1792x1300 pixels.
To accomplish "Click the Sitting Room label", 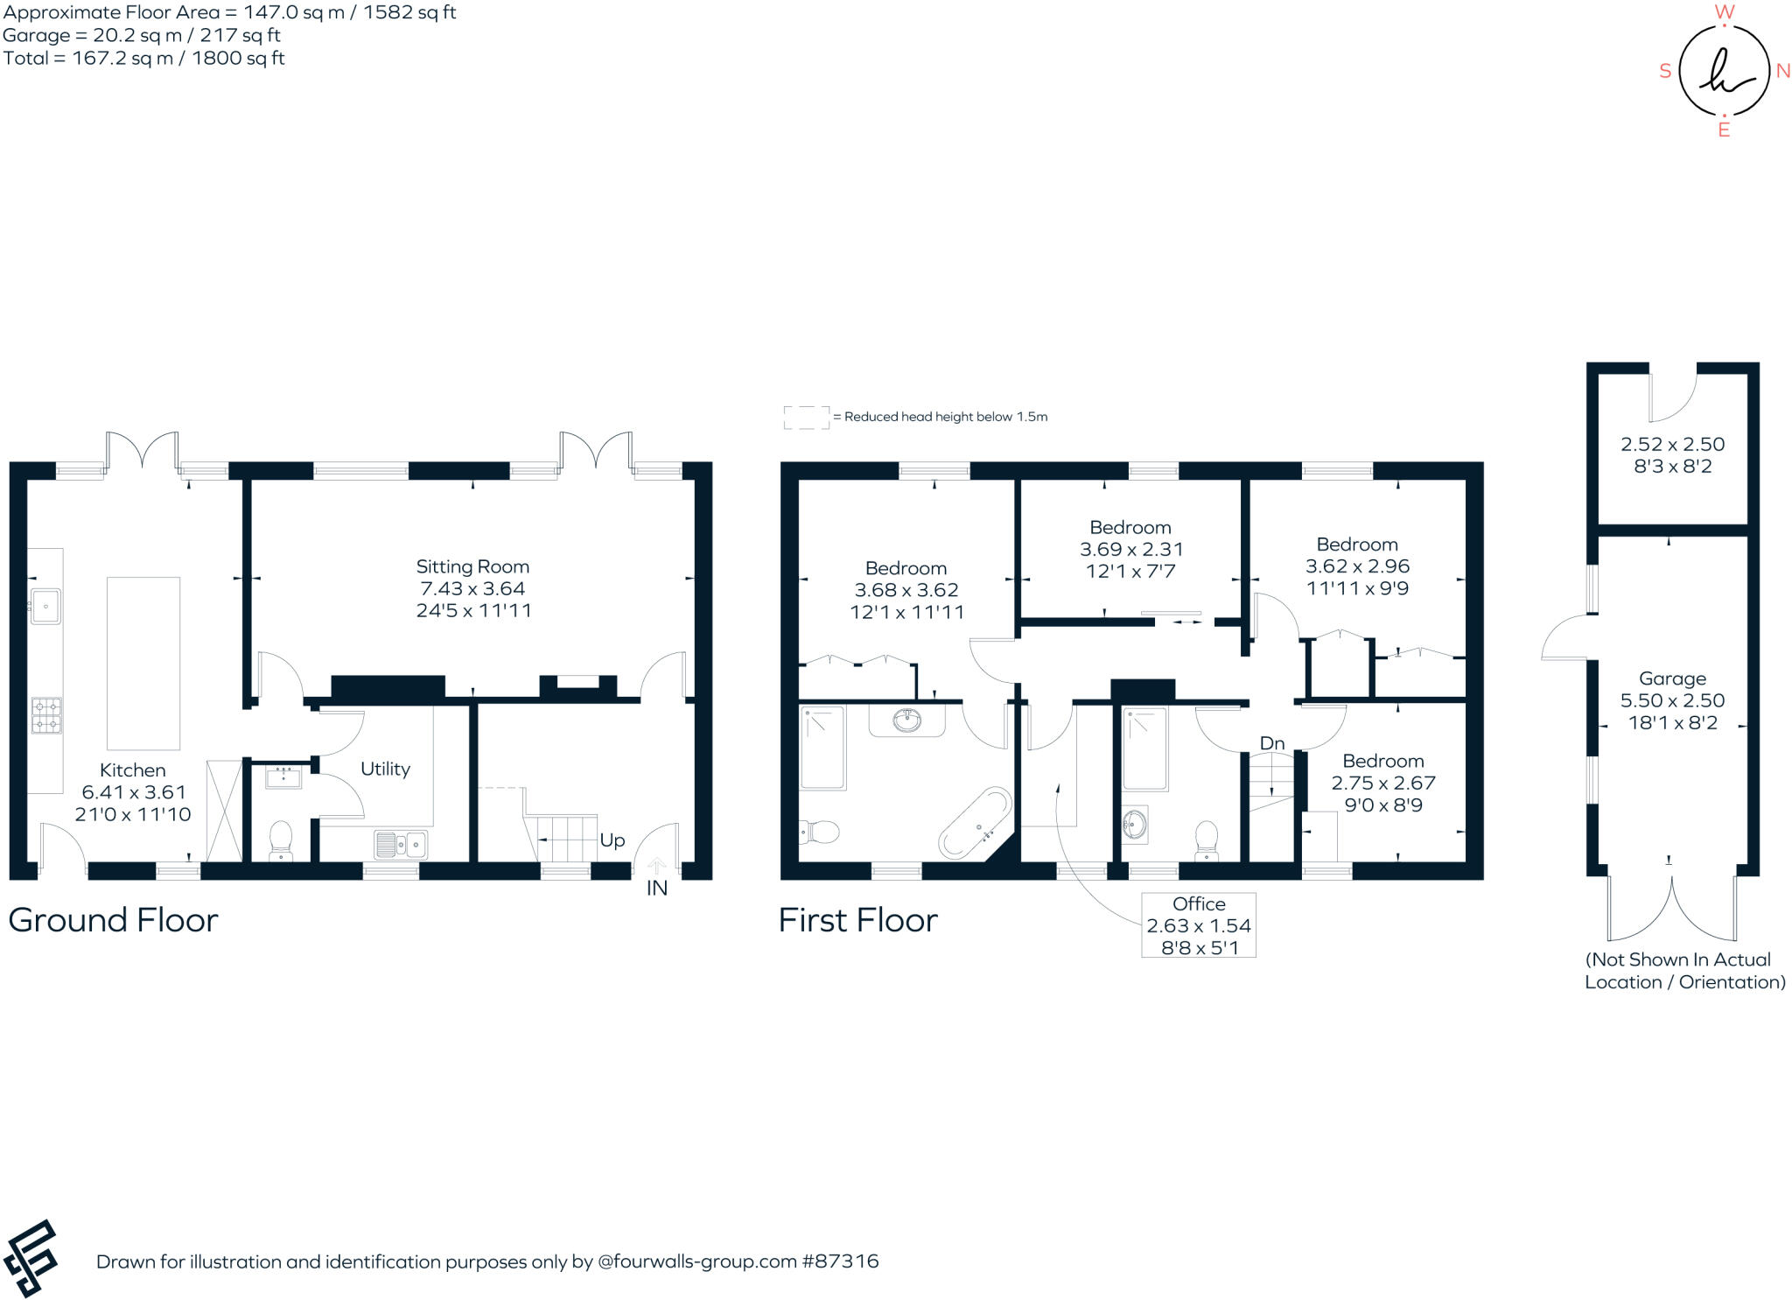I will tap(472, 566).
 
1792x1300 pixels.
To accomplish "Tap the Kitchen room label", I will tap(132, 769).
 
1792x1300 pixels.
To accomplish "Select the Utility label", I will tap(385, 768).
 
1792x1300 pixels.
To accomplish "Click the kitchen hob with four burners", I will tap(46, 714).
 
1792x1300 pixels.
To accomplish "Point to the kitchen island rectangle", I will tap(143, 663).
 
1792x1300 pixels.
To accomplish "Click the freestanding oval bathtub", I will tap(975, 821).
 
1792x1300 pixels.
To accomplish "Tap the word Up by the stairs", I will tap(612, 840).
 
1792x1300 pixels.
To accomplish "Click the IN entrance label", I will tap(656, 888).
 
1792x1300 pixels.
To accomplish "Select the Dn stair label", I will tap(1271, 742).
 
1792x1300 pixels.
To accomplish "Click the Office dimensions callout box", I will tap(1198, 924).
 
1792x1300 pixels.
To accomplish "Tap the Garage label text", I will tap(1672, 678).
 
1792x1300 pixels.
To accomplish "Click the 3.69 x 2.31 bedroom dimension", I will tap(1130, 549).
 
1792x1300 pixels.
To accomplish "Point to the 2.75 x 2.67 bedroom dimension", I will tap(1382, 783).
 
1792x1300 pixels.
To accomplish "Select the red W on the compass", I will tap(1724, 11).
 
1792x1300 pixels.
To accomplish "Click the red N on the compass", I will tap(1782, 71).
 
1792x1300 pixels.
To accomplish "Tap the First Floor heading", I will tap(857, 919).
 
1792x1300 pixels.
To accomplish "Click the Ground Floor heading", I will tap(113, 919).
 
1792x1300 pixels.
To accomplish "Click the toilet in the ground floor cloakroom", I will tap(281, 838).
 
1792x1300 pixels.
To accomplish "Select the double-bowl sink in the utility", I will tap(401, 845).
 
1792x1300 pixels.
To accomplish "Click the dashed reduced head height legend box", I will tap(805, 417).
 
